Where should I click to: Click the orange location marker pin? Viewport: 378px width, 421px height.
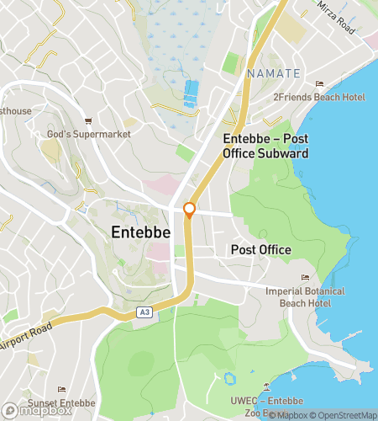[x=190, y=210]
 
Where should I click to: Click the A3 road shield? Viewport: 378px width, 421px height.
[x=144, y=312]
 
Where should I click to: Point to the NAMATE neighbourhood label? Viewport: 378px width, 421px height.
[x=274, y=74]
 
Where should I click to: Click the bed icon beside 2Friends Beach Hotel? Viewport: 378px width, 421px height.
[x=319, y=84]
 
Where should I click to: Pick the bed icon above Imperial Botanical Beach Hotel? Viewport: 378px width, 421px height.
[x=305, y=278]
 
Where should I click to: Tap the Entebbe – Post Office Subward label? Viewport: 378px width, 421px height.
[x=265, y=145]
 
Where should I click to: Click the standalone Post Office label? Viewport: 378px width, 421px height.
[x=261, y=250]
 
